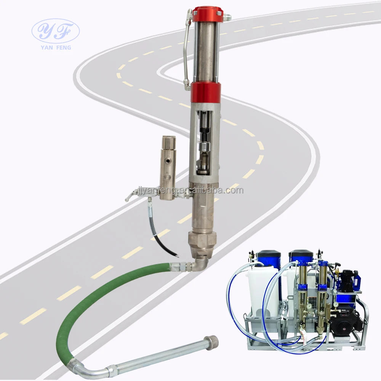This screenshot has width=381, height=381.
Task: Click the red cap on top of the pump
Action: (207, 14)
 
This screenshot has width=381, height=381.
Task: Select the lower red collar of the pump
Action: (206, 92)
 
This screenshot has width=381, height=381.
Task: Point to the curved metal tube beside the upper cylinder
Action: (186, 50)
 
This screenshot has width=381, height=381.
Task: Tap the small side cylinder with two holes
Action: (167, 168)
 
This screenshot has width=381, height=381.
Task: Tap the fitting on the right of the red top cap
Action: (227, 17)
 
